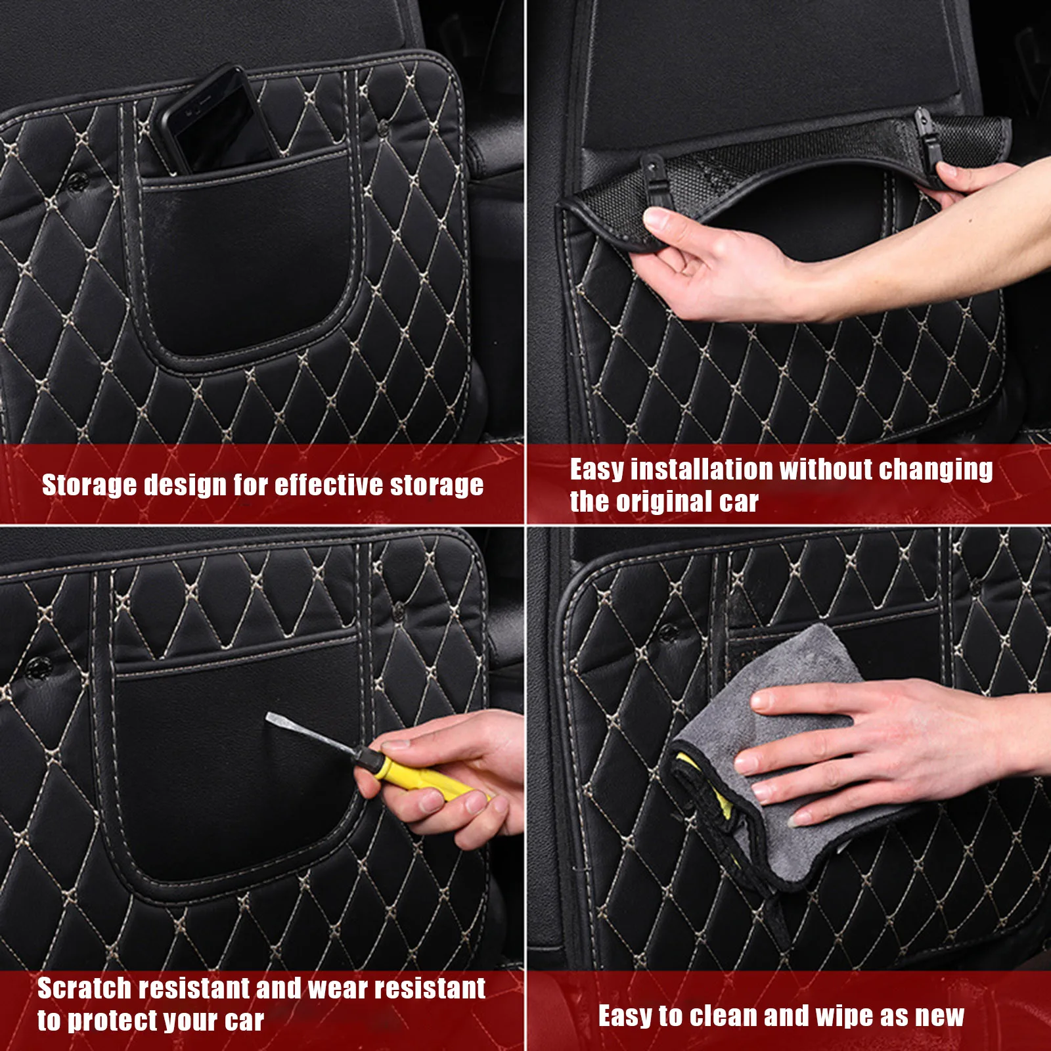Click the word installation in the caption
(702, 470)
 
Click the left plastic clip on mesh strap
(654, 177)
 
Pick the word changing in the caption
(935, 470)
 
